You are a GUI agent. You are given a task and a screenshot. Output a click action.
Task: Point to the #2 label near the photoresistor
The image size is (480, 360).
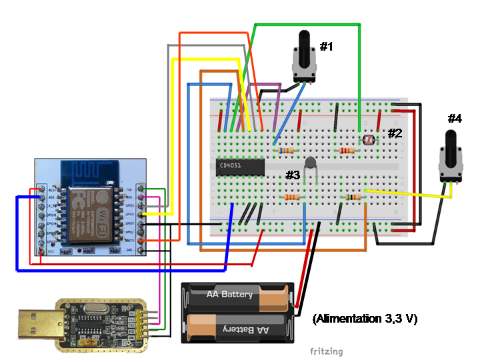(x=395, y=133)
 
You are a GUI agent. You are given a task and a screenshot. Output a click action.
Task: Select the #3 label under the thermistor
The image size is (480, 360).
(x=293, y=175)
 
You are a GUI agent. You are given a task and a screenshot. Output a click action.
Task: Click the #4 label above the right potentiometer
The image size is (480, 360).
(x=455, y=119)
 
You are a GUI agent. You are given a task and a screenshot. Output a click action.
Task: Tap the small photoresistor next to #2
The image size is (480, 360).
(x=366, y=141)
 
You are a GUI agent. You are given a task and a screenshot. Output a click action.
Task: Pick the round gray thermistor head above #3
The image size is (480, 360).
(x=310, y=162)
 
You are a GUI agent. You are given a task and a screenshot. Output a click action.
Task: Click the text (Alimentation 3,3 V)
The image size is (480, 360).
(x=364, y=319)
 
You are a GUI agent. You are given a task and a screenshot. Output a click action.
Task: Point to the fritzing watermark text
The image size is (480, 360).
(x=326, y=351)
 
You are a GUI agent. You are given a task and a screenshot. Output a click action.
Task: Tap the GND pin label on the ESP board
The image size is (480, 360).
(x=129, y=249)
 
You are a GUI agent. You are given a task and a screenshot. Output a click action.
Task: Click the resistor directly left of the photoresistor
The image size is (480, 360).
(x=345, y=151)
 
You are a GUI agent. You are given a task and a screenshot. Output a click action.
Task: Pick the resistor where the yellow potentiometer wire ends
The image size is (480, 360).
(x=353, y=197)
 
